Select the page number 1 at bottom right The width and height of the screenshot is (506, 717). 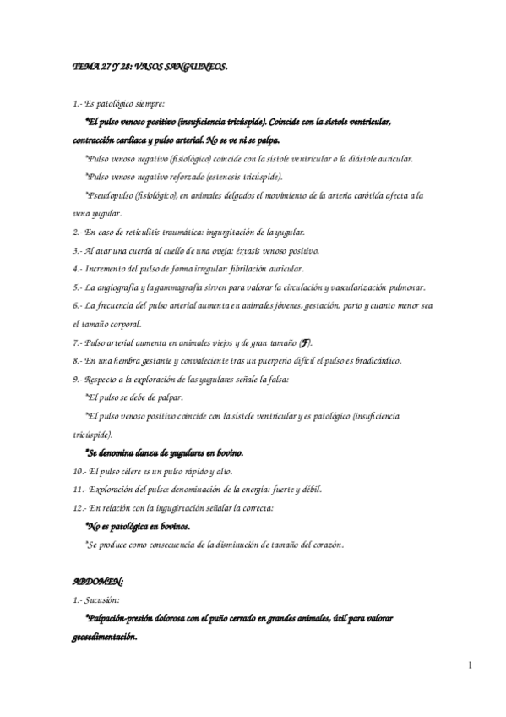(469, 666)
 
